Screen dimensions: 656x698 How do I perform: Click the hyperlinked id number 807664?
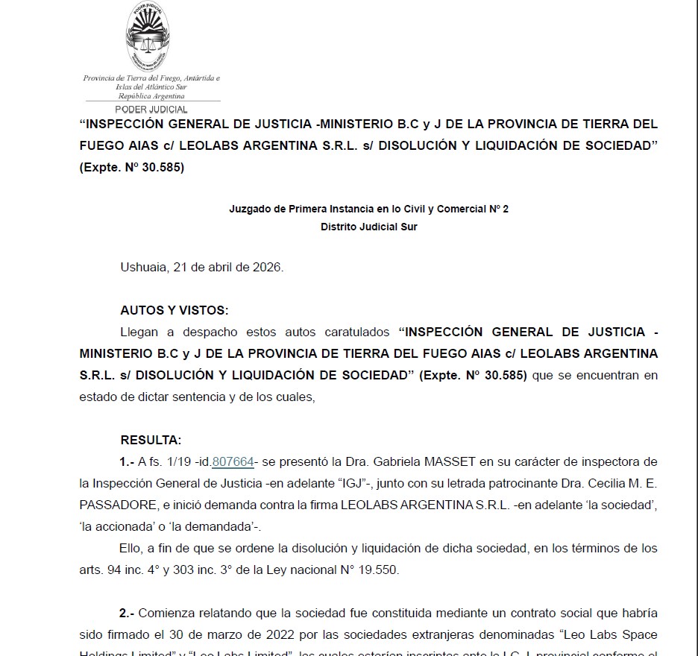[233, 461]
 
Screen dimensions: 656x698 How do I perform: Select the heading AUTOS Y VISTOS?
[174, 309]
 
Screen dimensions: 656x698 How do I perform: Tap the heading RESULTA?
[151, 440]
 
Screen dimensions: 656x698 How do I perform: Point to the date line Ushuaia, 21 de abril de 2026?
[202, 267]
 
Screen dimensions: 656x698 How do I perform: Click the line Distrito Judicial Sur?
[368, 227]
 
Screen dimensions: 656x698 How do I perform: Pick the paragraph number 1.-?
[127, 461]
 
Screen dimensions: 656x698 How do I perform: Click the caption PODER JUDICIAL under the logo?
[151, 109]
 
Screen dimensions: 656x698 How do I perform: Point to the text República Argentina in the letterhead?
[151, 96]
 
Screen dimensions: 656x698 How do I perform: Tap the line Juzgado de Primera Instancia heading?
[368, 209]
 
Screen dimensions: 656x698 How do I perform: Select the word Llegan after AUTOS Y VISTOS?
[139, 332]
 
